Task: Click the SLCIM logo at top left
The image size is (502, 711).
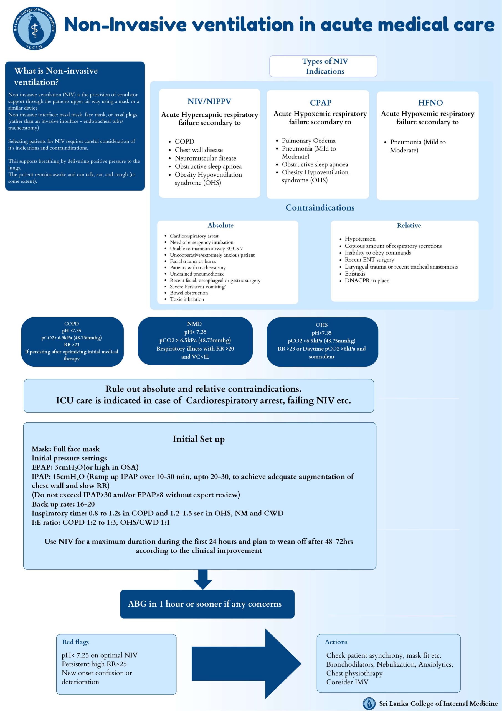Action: pyautogui.click(x=34, y=29)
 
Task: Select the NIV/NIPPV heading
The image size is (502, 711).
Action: pyautogui.click(x=209, y=101)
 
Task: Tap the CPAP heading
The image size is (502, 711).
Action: pyautogui.click(x=320, y=102)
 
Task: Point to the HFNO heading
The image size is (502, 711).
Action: pyautogui.click(x=430, y=102)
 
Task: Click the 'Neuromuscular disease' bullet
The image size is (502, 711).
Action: pyautogui.click(x=206, y=158)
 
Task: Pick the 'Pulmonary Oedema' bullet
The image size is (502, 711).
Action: pyautogui.click(x=308, y=141)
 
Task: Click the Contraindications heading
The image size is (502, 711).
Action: pyautogui.click(x=320, y=207)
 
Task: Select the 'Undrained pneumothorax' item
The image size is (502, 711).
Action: pyautogui.click(x=196, y=274)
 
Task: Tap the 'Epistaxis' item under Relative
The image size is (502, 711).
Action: pyautogui.click(x=355, y=274)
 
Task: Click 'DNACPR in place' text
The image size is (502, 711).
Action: pyautogui.click(x=367, y=280)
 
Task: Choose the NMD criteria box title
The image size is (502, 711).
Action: pyautogui.click(x=194, y=324)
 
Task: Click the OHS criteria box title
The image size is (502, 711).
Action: pyautogui.click(x=321, y=325)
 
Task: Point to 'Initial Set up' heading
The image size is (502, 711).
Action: pyautogui.click(x=199, y=439)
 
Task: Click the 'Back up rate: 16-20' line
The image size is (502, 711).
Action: pyautogui.click(x=63, y=504)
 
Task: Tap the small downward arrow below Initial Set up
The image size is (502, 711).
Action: pyautogui.click(x=202, y=579)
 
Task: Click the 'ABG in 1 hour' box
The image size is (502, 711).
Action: pyautogui.click(x=207, y=604)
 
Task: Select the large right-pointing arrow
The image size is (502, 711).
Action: pyautogui.click(x=247, y=663)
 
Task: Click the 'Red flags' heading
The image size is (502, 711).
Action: pyautogui.click(x=75, y=642)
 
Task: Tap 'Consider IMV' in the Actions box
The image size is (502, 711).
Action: pyautogui.click(x=347, y=682)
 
